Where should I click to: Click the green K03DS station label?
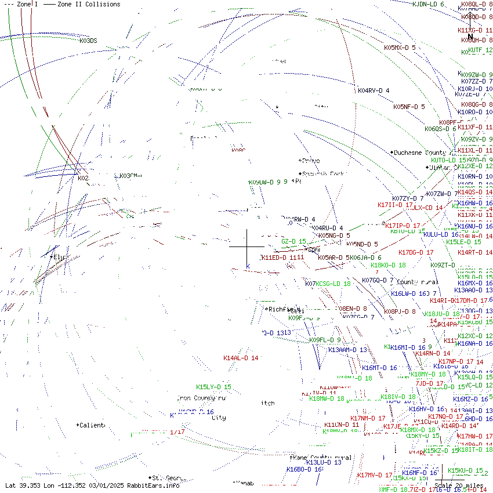click(88, 41)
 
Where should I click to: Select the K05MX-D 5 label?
click(400, 48)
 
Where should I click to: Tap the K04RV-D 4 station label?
click(374, 90)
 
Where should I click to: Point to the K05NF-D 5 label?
click(409, 107)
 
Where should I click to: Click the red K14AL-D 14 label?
click(241, 358)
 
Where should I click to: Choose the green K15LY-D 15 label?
click(213, 387)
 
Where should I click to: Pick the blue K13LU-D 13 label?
click(324, 462)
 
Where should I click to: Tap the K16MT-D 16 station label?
click(379, 368)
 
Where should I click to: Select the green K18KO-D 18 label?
click(388, 265)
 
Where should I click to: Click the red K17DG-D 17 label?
click(416, 252)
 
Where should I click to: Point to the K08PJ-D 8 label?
click(400, 311)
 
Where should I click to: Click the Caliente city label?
click(92, 425)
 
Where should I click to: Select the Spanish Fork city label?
click(321, 173)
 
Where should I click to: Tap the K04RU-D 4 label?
click(327, 228)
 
